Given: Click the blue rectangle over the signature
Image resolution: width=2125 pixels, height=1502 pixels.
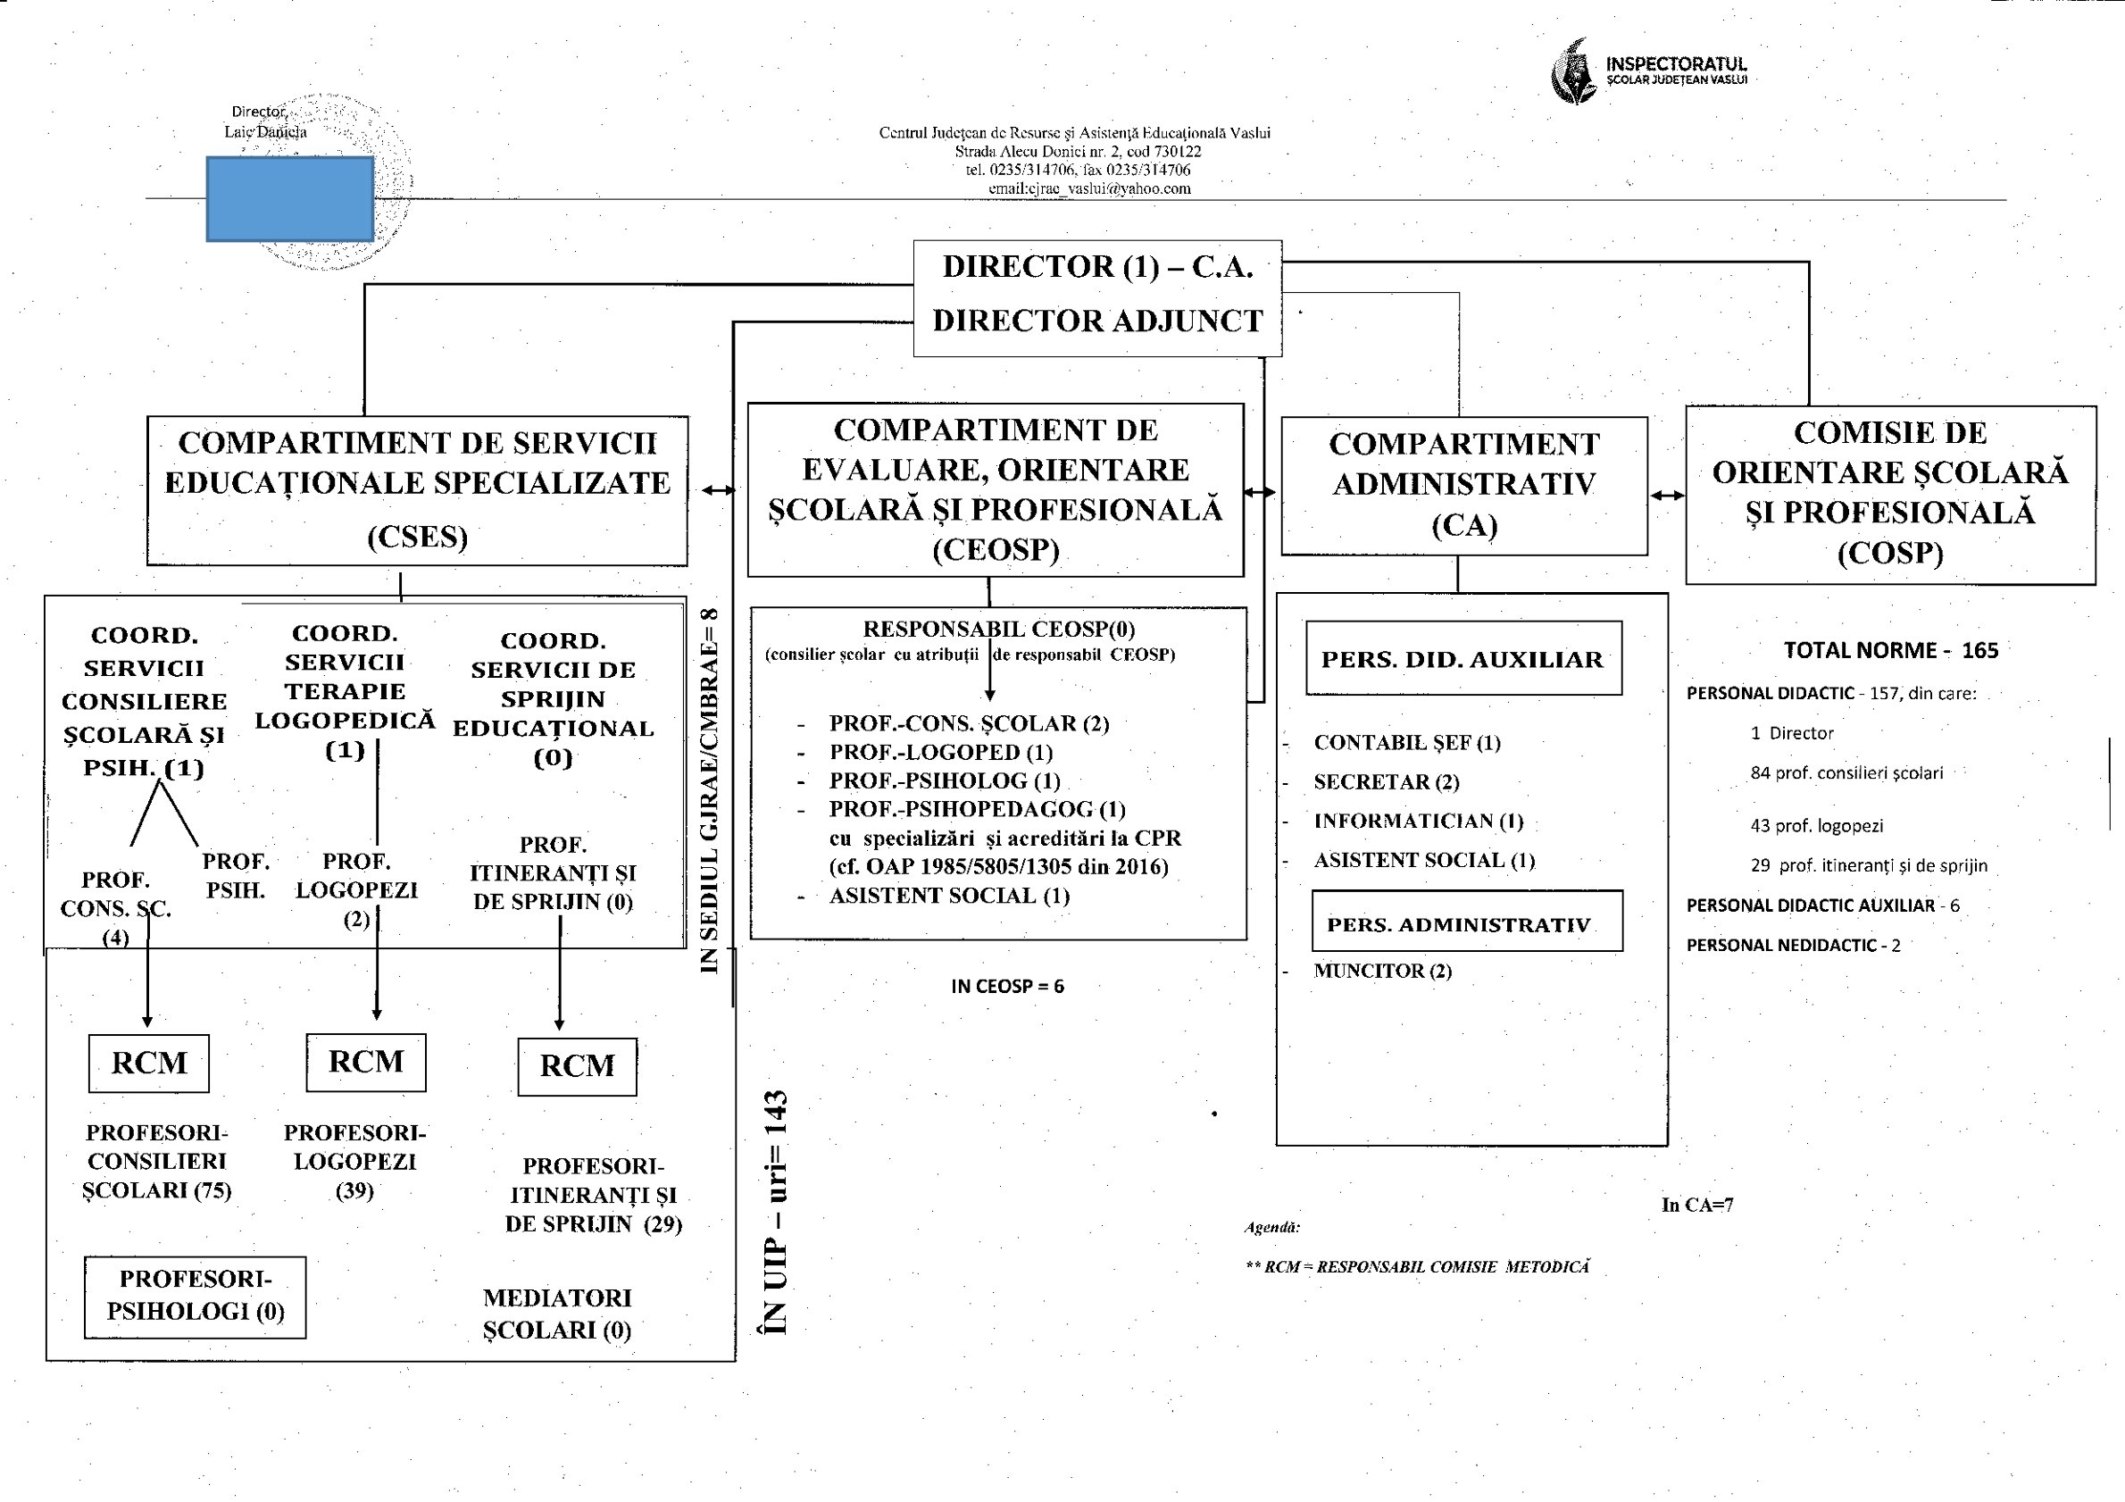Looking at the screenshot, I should [x=289, y=199].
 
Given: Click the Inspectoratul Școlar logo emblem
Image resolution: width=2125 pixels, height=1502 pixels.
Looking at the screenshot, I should [x=1573, y=72].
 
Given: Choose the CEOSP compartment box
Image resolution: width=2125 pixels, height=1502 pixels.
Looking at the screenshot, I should [x=995, y=489].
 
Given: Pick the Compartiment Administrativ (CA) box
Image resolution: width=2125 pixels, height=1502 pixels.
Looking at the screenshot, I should [x=1463, y=485].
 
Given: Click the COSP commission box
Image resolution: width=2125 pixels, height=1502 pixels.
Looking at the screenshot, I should [x=1890, y=494].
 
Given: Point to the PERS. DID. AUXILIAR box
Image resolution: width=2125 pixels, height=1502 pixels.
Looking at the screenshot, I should [x=1462, y=658].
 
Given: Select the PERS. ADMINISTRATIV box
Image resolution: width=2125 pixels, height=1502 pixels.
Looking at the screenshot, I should [x=1466, y=921].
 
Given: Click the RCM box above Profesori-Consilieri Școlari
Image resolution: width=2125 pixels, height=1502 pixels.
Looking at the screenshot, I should [x=149, y=1063].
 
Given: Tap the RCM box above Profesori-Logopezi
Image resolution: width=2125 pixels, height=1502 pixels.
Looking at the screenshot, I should [x=365, y=1062].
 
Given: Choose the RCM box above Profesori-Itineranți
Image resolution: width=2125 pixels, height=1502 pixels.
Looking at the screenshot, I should [x=577, y=1066].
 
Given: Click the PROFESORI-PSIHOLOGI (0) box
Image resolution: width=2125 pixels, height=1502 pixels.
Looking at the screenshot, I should [x=196, y=1296].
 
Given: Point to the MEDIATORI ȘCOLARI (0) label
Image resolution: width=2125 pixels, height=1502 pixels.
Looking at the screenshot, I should [x=557, y=1314].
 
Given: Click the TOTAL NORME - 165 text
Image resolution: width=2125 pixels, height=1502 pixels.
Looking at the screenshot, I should [x=1890, y=650].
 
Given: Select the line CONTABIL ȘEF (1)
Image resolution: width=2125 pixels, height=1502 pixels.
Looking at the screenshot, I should [x=1406, y=742].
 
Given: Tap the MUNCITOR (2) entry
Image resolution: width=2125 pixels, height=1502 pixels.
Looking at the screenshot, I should [x=1382, y=971].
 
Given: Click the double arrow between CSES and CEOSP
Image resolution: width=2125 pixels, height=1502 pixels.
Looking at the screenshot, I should [x=718, y=490].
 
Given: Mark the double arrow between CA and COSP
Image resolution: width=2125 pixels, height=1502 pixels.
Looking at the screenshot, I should [x=1667, y=495].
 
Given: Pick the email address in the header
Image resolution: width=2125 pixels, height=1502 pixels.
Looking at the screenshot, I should [x=1089, y=188].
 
